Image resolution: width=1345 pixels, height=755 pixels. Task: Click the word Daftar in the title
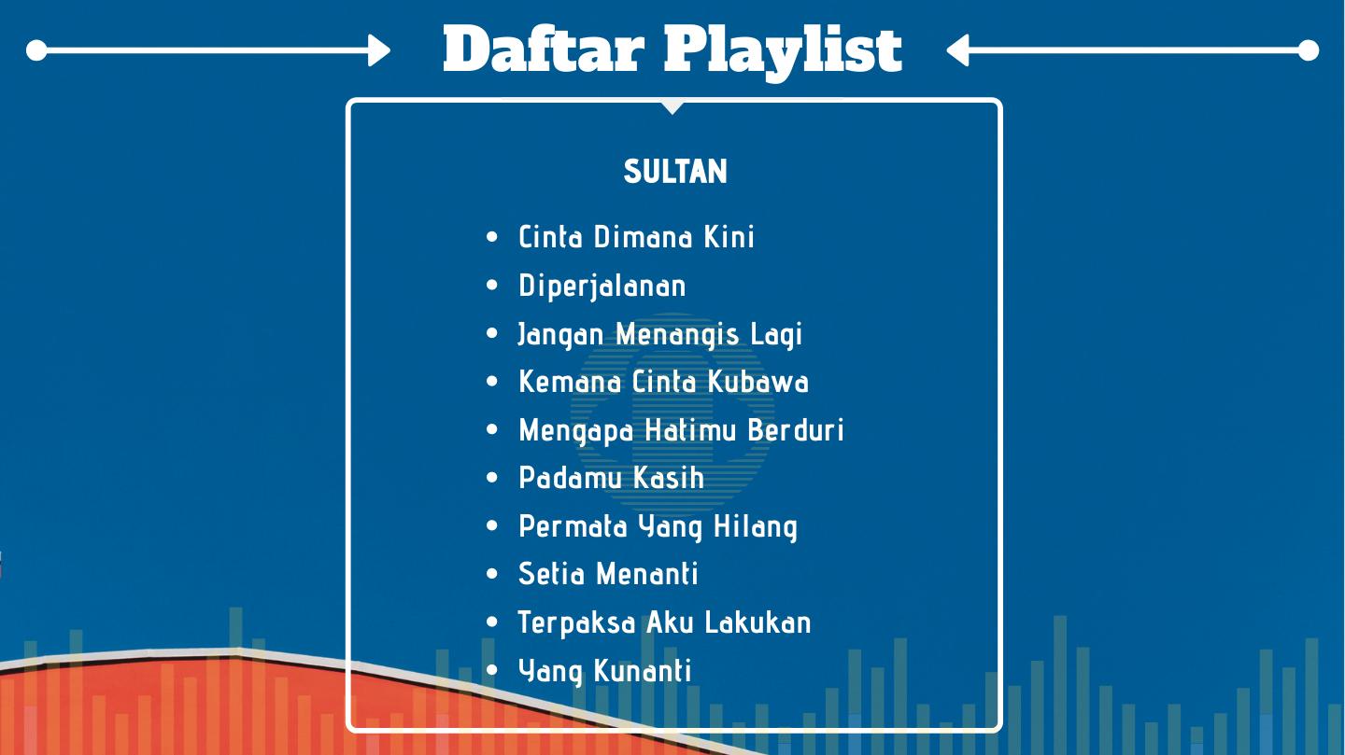544,49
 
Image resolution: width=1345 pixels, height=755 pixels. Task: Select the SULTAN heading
675,171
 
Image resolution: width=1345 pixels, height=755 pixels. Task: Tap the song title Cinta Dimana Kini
636,236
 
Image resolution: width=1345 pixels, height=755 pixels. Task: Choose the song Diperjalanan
602,287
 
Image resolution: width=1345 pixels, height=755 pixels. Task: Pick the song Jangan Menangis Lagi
659,335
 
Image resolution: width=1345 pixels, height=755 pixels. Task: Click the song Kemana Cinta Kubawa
663,382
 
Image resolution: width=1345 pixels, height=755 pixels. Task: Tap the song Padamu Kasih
611,479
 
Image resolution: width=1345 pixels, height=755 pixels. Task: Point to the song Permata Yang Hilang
658,527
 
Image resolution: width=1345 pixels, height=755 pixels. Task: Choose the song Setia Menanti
608,574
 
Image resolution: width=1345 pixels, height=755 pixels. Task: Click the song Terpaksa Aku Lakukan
665,622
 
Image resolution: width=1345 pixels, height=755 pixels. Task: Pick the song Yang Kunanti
604,672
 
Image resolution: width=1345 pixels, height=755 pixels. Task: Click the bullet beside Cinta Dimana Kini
491,236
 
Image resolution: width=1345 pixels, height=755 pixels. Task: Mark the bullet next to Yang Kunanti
491,670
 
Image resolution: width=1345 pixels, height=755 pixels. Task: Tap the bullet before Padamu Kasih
491,478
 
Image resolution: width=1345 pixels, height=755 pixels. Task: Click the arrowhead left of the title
379,50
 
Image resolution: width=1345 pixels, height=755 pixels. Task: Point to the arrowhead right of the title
957,50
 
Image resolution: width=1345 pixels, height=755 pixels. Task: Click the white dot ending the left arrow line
36,50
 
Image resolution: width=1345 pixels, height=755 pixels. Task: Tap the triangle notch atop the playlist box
672,107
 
